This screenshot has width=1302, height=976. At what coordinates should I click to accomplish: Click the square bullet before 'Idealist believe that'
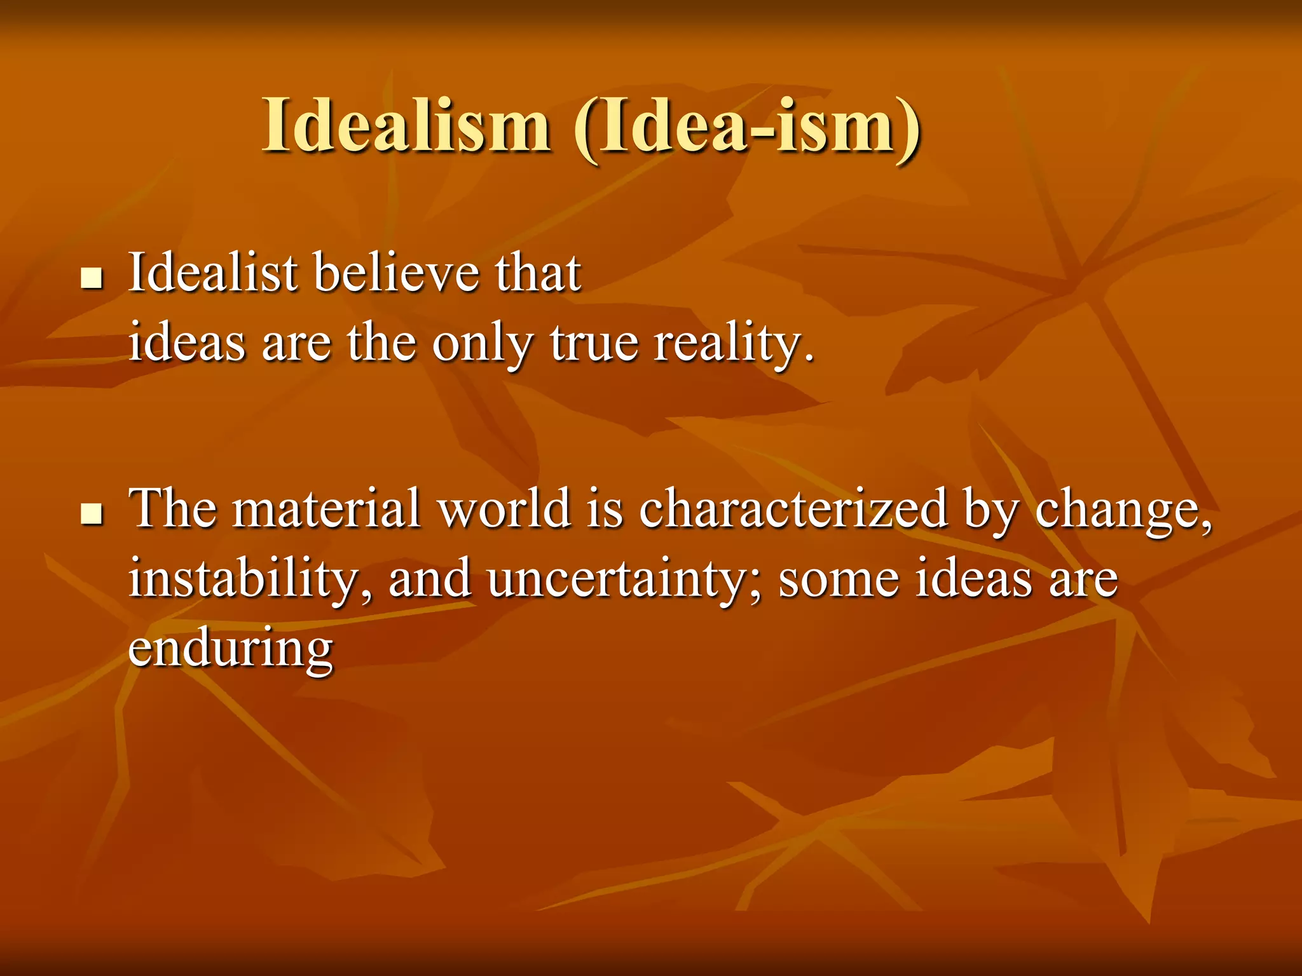92,278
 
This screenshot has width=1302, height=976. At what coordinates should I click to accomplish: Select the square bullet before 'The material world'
92,513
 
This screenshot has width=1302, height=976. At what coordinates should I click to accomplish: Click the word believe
397,273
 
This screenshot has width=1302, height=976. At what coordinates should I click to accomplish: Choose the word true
594,343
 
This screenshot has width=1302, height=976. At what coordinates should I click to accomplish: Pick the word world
505,508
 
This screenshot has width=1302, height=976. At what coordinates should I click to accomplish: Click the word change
1123,512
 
